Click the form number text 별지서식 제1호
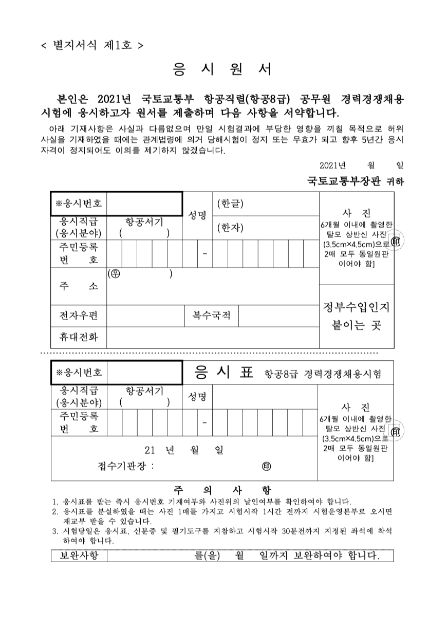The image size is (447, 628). point(92,45)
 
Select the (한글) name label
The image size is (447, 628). point(230,204)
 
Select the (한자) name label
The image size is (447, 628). point(230,227)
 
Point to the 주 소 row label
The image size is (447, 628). point(79,286)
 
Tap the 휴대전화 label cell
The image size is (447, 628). point(79,337)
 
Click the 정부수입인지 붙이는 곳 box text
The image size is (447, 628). point(356,317)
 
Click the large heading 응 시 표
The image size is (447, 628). point(225,373)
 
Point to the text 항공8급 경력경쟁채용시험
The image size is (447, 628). point(322,374)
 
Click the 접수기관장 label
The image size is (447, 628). point(125,467)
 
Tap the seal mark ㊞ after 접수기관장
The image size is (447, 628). point(267,467)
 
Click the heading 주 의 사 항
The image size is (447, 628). point(222,490)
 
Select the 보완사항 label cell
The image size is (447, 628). point(79,556)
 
